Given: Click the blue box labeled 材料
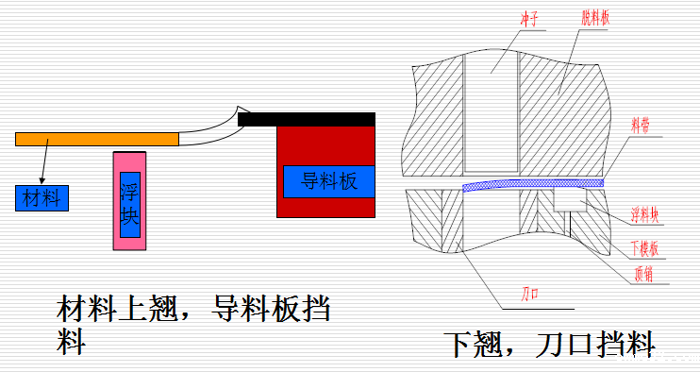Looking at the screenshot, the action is pyautogui.click(x=42, y=197).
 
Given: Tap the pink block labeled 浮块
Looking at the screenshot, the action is pyautogui.click(x=129, y=200).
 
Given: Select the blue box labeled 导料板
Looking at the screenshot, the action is pyautogui.click(x=329, y=181).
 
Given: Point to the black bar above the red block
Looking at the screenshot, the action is pyautogui.click(x=307, y=119).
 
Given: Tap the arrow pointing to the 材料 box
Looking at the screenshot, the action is pyautogui.click(x=43, y=165).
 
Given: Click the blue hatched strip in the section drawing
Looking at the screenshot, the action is pyautogui.click(x=533, y=183).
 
